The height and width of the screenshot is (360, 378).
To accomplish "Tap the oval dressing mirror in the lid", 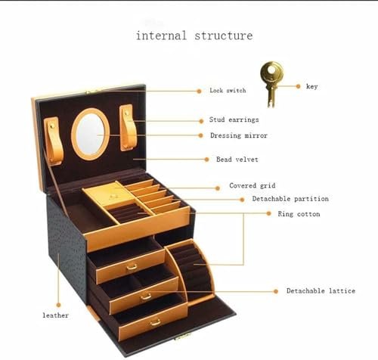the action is click(x=91, y=134).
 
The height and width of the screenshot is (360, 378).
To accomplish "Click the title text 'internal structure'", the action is click(x=194, y=36).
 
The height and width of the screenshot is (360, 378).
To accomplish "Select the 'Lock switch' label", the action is click(x=228, y=90).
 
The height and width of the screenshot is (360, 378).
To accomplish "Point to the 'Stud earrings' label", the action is click(x=234, y=119).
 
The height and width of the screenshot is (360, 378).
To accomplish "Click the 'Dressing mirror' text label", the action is click(x=239, y=135).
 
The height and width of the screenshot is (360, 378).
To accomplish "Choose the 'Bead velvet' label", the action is click(x=237, y=160).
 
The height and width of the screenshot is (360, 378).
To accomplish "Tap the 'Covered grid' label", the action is click(x=253, y=186).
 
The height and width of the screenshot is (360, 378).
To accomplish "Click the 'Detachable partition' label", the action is click(x=290, y=199).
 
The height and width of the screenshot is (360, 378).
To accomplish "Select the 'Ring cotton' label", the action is click(x=299, y=214).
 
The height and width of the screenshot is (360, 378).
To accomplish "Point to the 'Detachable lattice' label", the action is click(x=321, y=290).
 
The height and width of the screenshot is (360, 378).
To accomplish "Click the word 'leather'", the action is click(x=55, y=315).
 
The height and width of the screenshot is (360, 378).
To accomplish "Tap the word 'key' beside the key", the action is click(x=311, y=86).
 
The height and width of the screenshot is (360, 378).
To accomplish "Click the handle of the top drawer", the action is click(x=132, y=267).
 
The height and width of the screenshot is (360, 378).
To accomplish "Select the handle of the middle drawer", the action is click(x=146, y=296).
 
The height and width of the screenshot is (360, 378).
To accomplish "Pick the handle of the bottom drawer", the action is click(x=155, y=322).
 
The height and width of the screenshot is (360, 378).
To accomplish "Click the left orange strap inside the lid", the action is click(x=54, y=141).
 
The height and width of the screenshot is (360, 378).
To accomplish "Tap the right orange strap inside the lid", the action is click(x=128, y=128).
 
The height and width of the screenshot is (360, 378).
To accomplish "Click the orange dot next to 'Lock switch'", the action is click(x=199, y=91).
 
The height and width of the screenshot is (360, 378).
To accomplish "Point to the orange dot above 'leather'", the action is click(x=58, y=305).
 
